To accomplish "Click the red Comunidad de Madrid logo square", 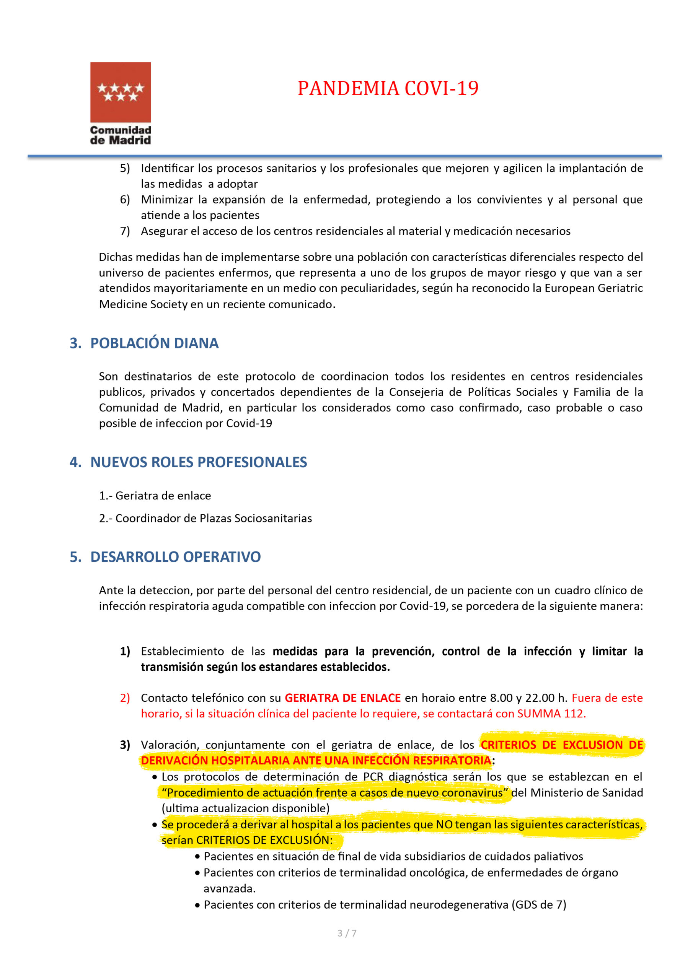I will [x=120, y=92].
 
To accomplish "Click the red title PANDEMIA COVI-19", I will [x=388, y=88].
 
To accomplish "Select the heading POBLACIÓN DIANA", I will [x=154, y=343].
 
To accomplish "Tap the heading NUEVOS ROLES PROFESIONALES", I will [x=199, y=462].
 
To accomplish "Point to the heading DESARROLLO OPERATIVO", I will [x=175, y=557].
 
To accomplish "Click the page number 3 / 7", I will [x=347, y=933].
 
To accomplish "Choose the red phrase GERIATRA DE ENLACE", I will [x=342, y=698].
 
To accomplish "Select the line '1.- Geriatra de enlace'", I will [x=155, y=496].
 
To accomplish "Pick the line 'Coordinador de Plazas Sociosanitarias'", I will [x=214, y=518].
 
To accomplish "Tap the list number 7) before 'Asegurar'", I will [x=125, y=231].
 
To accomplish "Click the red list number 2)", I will [x=125, y=698].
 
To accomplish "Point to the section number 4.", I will [x=75, y=462].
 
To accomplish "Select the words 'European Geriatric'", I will [x=594, y=288].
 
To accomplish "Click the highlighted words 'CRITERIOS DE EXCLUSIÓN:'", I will [x=264, y=840].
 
